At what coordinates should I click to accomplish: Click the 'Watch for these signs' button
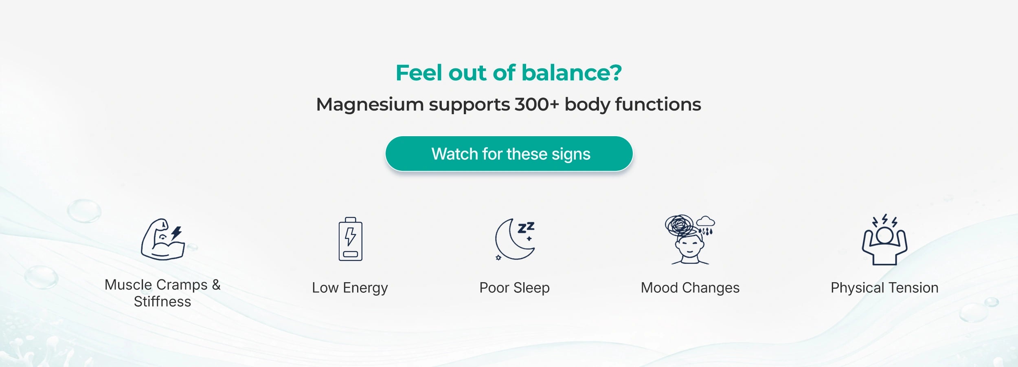coord(509,154)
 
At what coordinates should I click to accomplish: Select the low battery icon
coord(350,239)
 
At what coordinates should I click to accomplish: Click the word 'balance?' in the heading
coord(572,73)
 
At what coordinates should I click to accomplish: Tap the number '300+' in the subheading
coord(537,104)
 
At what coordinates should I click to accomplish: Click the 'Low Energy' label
coord(350,288)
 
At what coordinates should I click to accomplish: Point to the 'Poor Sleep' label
coord(514,288)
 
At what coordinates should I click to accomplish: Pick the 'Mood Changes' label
coord(690,288)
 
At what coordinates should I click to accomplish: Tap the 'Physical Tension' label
coord(884,288)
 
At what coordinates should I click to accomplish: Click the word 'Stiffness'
coord(162,302)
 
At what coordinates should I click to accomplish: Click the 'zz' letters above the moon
coord(526,228)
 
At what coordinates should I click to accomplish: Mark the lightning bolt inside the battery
coord(350,237)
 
